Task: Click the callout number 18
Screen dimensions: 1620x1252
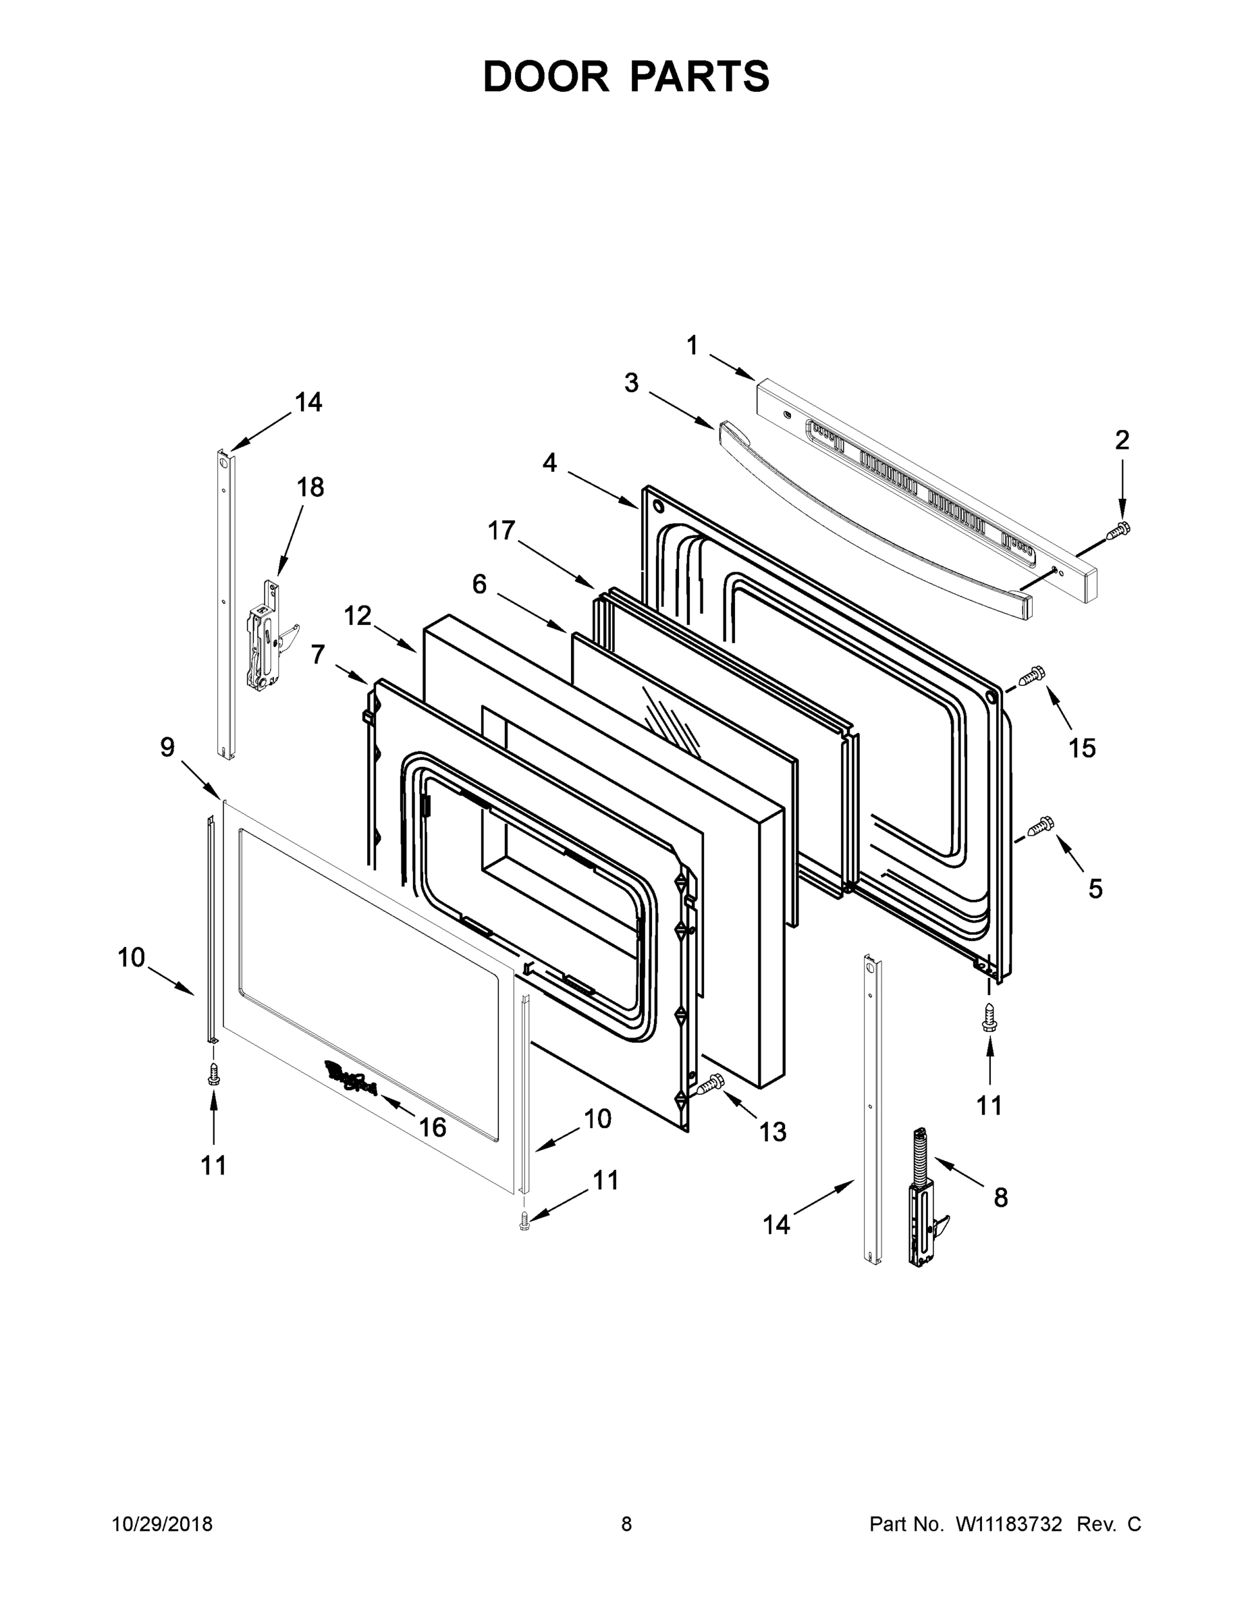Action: (310, 487)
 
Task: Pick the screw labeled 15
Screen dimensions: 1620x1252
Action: (1032, 676)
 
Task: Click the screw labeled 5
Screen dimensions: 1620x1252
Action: (1039, 825)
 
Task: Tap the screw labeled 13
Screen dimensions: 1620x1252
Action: (711, 1085)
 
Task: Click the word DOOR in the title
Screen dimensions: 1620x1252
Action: (545, 76)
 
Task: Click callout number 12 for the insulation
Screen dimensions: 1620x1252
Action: (358, 616)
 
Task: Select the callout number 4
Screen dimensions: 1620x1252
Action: (549, 463)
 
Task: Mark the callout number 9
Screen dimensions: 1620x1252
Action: (167, 747)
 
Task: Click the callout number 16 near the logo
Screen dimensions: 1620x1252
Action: (433, 1127)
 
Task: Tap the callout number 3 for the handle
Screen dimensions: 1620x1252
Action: (631, 383)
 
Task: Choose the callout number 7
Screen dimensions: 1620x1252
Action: (317, 654)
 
